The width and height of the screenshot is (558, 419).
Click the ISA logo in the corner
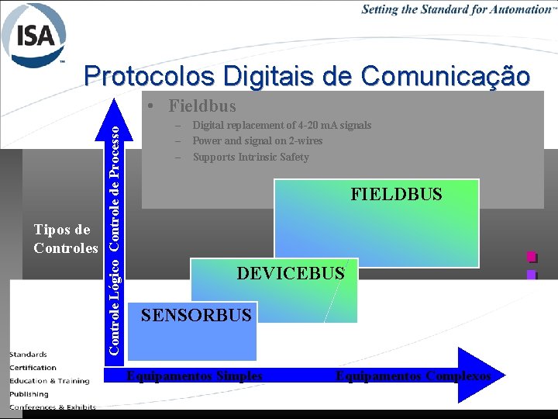pyautogui.click(x=34, y=34)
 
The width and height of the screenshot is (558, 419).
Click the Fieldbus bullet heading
pyautogui.click(x=201, y=106)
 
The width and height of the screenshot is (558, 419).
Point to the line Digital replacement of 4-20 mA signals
pyautogui.click(x=281, y=125)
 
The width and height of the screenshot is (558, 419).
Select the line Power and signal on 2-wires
pyautogui.click(x=257, y=140)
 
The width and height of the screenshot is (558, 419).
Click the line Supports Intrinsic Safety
pyautogui.click(x=250, y=157)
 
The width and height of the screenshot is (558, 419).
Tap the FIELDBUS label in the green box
pyautogui.click(x=396, y=194)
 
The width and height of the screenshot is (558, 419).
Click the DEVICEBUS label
pyautogui.click(x=290, y=273)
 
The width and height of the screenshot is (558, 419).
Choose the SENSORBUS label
pyautogui.click(x=196, y=315)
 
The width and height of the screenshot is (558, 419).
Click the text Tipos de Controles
pyautogui.click(x=65, y=239)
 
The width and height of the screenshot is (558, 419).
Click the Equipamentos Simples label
pyautogui.click(x=195, y=376)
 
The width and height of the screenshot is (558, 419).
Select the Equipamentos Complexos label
pyautogui.click(x=413, y=376)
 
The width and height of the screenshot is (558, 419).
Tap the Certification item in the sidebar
pyautogui.click(x=33, y=367)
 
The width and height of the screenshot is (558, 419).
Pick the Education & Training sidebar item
pyautogui.click(x=50, y=380)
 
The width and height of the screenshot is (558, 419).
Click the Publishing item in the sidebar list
pyautogui.click(x=28, y=393)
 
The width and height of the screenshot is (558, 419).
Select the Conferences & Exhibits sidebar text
pyautogui.click(x=53, y=407)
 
